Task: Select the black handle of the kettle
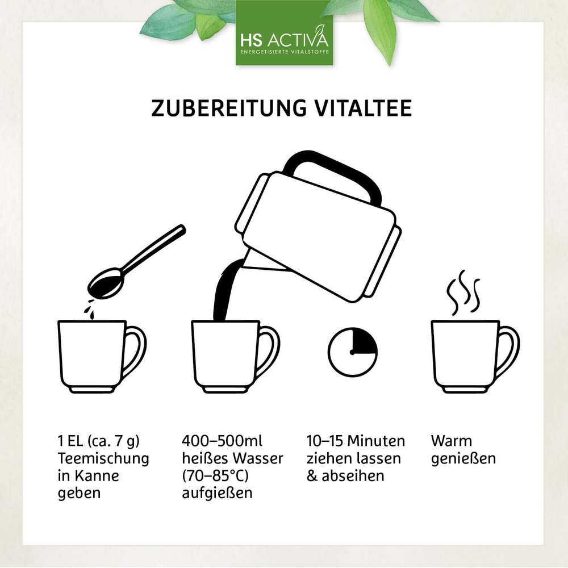click(335, 170)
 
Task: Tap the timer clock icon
click(353, 352)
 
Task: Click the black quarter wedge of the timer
click(364, 341)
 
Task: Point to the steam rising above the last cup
click(463, 293)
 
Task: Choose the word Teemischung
click(103, 458)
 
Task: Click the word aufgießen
click(217, 493)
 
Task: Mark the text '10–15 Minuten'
click(356, 441)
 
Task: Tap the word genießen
click(463, 458)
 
